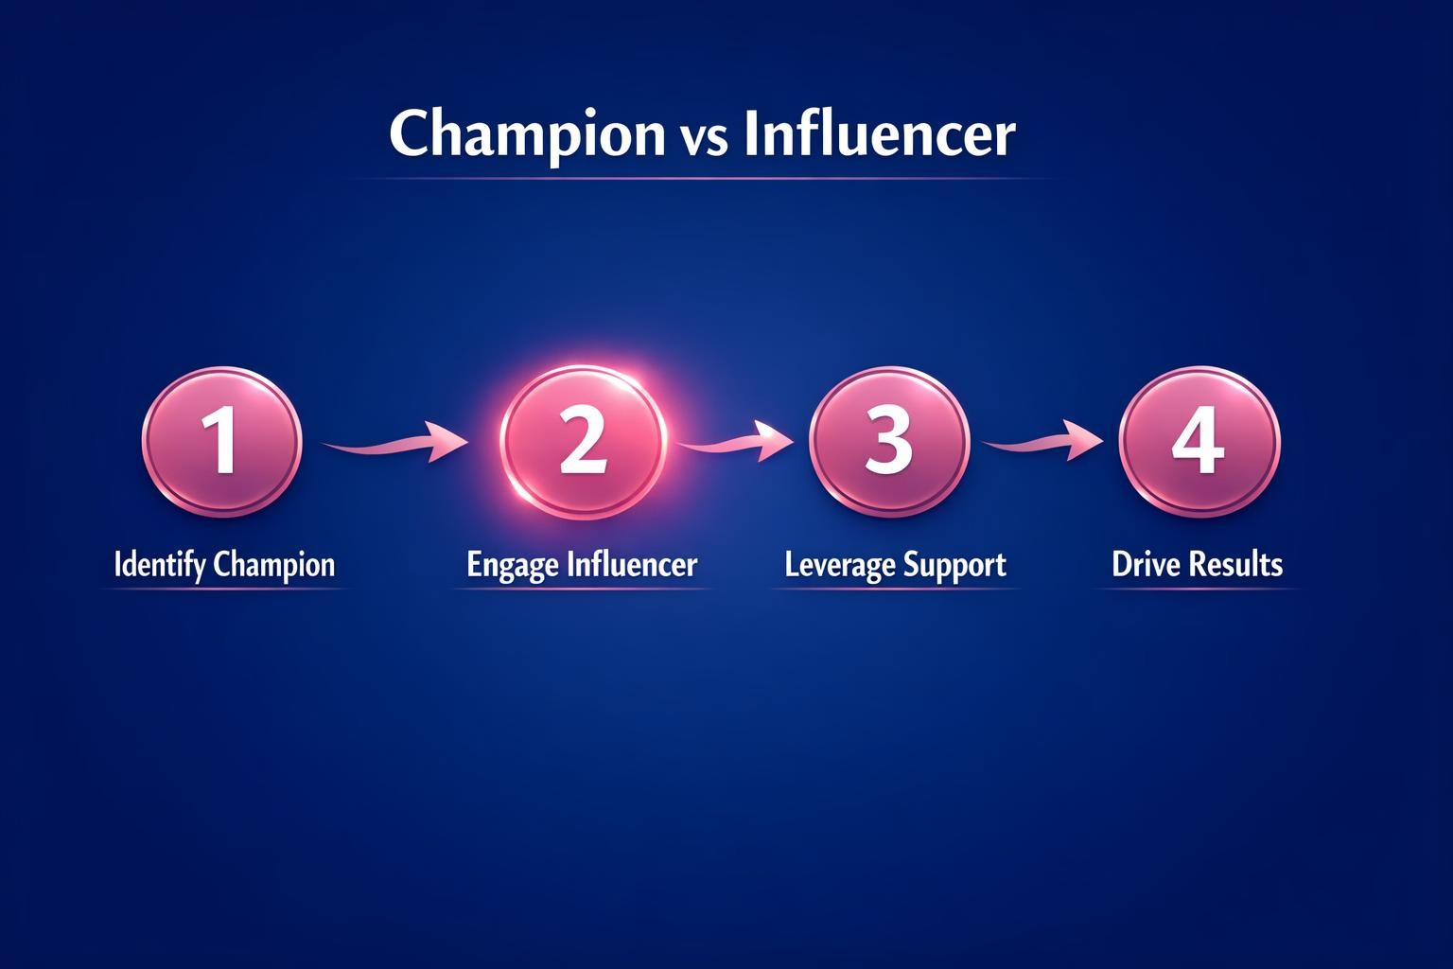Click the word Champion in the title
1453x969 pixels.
pyautogui.click(x=527, y=134)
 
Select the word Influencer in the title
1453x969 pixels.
pyautogui.click(x=879, y=134)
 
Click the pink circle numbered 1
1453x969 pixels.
pyautogui.click(x=222, y=442)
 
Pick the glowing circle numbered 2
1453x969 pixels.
pyautogui.click(x=582, y=443)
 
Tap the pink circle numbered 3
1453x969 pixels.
pyautogui.click(x=889, y=442)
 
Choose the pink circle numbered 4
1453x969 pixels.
pyautogui.click(x=1199, y=442)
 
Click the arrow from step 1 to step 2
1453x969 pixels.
pyautogui.click(x=394, y=443)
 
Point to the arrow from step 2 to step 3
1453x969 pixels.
pyautogui.click(x=735, y=441)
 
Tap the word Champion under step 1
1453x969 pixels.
pyautogui.click(x=274, y=565)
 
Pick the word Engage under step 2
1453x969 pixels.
pyautogui.click(x=514, y=566)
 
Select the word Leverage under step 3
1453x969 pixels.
pyautogui.click(x=839, y=566)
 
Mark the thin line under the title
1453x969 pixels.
pyautogui.click(x=700, y=178)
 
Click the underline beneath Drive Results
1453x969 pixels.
pyautogui.click(x=1197, y=589)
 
